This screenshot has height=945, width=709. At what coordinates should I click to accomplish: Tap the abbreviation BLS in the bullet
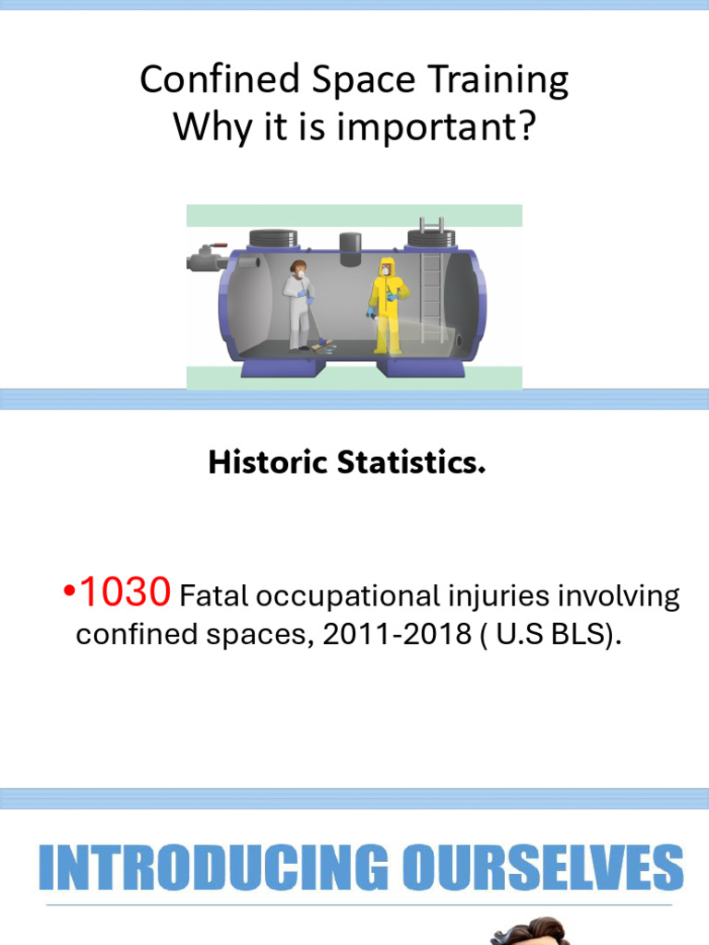pos(569,635)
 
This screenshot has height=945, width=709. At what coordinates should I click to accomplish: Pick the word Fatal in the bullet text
pos(214,597)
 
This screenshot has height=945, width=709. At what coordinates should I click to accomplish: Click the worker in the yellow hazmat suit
pos(385,305)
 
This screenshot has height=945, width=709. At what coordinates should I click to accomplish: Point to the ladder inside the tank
pos(431,286)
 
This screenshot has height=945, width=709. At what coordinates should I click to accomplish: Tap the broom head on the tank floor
pos(324,346)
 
